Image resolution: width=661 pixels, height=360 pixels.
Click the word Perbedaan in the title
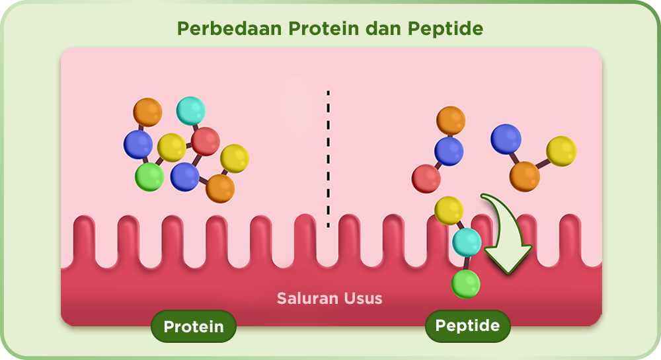click(x=229, y=28)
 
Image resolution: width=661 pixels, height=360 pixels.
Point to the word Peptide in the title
click(x=445, y=29)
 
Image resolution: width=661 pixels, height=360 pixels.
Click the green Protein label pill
click(x=194, y=326)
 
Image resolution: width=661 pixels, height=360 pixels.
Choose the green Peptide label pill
click(x=467, y=326)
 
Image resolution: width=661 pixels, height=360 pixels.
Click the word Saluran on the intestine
click(x=308, y=299)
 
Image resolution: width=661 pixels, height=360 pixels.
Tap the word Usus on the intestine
click(x=363, y=299)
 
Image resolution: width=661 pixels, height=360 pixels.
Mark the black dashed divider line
click(x=328, y=159)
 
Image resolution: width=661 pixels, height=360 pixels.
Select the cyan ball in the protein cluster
click(x=190, y=111)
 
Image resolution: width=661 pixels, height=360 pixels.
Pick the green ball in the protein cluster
click(x=149, y=177)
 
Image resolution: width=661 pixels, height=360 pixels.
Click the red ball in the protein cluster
click(x=206, y=141)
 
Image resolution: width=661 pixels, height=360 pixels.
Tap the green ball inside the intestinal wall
click(x=466, y=284)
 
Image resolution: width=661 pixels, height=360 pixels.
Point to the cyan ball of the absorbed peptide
click(x=467, y=242)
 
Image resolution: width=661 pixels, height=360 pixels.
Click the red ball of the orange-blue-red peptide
click(x=426, y=178)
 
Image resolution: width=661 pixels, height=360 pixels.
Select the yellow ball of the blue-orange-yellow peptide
click(x=561, y=151)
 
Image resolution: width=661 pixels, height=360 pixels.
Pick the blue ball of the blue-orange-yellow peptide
click(x=506, y=139)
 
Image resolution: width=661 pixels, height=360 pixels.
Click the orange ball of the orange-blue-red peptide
click(x=451, y=120)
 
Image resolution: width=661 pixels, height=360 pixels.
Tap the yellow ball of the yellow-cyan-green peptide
click(x=449, y=211)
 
